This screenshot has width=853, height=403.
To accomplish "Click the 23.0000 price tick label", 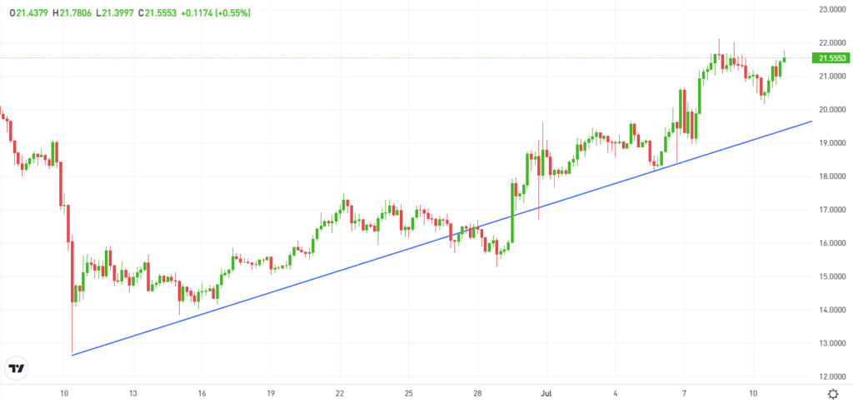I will point(833,9).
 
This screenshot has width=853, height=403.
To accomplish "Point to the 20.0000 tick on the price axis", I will point(833,109).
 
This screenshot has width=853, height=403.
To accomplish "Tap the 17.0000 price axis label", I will point(833,209).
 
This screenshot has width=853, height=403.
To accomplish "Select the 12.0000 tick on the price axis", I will point(833,376).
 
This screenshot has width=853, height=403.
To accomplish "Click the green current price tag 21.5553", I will point(833,58).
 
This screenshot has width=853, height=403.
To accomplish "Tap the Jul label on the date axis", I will point(546,391).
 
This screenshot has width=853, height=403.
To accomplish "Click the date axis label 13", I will point(132,391).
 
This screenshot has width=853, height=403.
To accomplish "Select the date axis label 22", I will point(340,391).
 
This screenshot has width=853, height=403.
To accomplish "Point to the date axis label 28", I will point(477,391).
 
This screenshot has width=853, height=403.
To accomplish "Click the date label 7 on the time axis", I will point(684,391).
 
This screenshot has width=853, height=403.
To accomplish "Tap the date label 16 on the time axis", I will point(202,391).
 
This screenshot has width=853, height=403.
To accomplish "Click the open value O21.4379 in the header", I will point(28,13).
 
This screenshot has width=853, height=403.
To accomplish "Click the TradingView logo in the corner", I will point(16,368).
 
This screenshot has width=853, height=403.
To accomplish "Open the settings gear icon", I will point(833,392).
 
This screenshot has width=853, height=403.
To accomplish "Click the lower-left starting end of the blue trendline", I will point(72,356).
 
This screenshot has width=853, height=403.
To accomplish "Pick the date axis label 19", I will point(271,391).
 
